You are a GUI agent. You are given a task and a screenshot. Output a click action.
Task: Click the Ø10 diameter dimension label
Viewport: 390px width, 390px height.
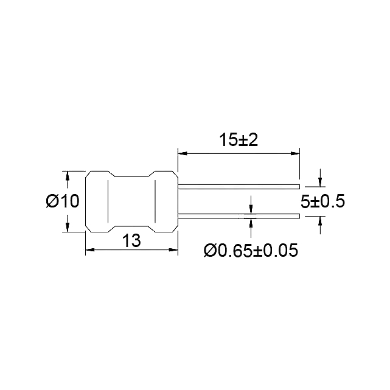(63, 201)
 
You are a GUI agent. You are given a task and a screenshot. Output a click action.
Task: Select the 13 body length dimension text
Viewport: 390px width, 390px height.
(131, 240)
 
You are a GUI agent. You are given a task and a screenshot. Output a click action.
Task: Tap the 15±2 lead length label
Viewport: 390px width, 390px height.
(239, 140)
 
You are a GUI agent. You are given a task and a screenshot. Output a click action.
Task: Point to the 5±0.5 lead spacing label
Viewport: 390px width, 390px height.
(322, 201)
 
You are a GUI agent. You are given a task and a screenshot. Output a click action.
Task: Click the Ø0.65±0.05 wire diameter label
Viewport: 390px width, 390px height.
(251, 250)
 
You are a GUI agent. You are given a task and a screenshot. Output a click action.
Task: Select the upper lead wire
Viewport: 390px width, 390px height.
(239, 187)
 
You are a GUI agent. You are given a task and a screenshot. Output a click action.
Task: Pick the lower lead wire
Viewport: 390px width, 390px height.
(239, 216)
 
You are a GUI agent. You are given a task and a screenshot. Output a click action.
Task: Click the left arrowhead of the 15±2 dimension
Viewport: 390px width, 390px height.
(183, 153)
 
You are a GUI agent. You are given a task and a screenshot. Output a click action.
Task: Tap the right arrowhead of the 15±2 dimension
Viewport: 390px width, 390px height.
(295, 153)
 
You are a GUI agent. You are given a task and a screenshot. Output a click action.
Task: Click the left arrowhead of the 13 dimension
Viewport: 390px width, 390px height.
(90, 249)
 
